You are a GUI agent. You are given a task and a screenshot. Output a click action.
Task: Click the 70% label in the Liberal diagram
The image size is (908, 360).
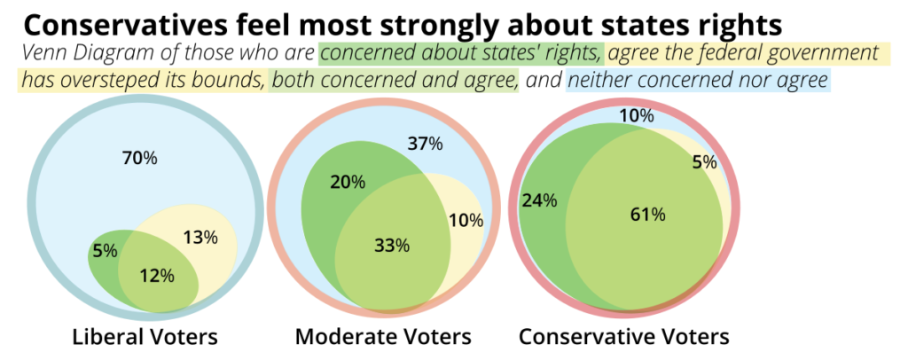138,159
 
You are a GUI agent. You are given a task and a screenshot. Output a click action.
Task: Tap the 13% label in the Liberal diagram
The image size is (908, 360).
200,237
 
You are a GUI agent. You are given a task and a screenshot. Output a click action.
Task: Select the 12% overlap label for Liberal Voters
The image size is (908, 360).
156,275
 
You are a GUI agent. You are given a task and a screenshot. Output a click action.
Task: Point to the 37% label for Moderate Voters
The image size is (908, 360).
424,144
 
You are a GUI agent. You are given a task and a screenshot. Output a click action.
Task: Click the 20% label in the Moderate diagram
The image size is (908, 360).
347,182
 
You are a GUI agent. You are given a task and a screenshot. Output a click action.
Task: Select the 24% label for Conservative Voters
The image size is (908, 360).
539,200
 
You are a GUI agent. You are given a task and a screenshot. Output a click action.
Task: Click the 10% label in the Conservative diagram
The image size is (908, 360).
636,115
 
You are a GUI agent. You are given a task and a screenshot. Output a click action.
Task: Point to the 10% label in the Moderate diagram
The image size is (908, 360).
466,220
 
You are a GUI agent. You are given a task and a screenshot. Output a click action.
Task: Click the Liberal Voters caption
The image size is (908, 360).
145,337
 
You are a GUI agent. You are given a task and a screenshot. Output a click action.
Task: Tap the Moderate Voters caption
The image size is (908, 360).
383,337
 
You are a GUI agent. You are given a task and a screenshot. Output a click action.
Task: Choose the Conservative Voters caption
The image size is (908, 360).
624,337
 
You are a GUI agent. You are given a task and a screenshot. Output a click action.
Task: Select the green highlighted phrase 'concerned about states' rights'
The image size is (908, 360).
461,53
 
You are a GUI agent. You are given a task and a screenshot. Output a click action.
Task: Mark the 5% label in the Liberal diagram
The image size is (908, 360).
104,250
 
